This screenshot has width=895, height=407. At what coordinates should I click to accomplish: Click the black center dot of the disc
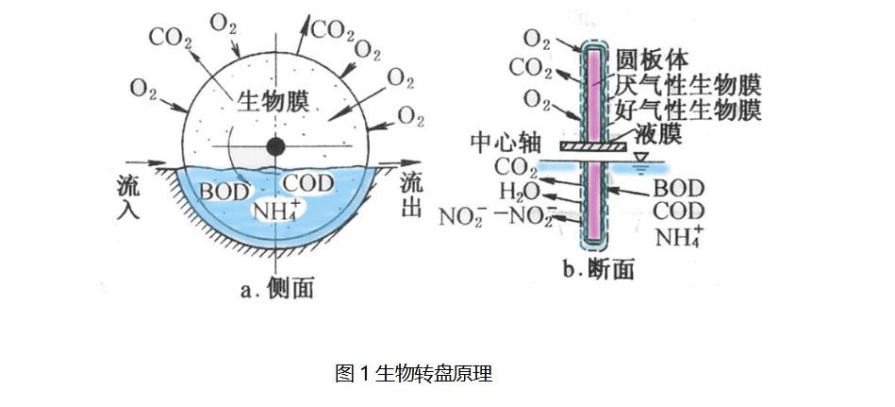[275, 146]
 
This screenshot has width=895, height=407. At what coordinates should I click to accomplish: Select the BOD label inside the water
[224, 190]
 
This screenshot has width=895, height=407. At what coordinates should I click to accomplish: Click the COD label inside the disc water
[308, 182]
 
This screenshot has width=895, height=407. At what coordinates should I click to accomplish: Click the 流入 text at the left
[129, 195]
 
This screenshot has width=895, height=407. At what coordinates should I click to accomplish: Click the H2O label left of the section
[518, 194]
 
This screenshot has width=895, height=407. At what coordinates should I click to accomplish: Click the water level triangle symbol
[643, 157]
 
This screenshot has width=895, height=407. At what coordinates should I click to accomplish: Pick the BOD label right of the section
[677, 188]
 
